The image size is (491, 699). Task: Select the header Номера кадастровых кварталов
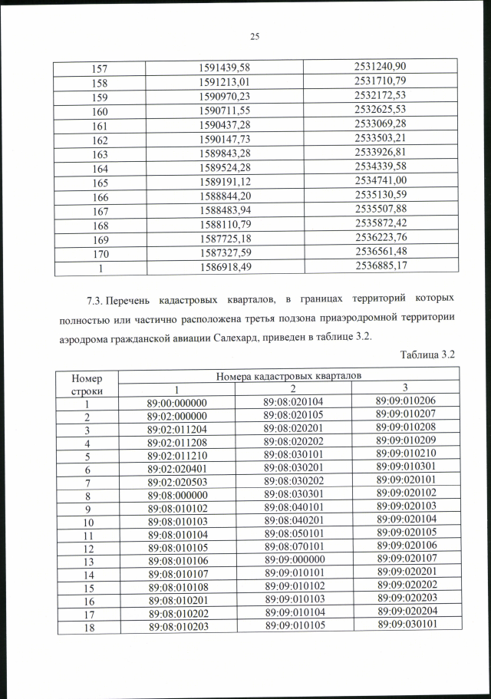click(289, 376)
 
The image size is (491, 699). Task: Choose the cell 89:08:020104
click(293, 403)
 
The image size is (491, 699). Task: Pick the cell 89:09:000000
click(294, 559)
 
